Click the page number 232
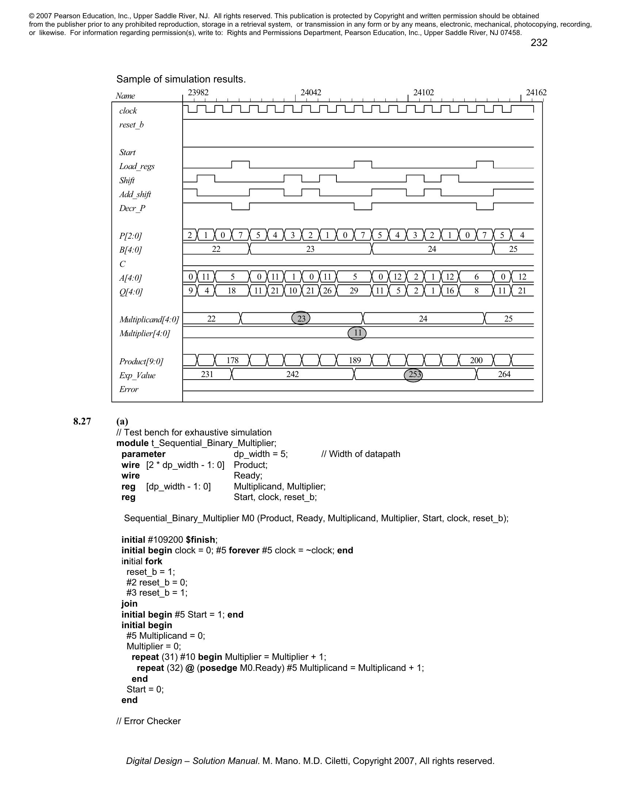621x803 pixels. tap(538, 43)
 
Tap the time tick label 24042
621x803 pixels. tap(311, 93)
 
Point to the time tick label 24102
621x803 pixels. tap(423, 93)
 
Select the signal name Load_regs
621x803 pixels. tap(137, 166)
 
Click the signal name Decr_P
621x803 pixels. tap(132, 208)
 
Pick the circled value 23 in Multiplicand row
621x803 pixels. tap(301, 318)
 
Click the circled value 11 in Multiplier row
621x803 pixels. tap(357, 333)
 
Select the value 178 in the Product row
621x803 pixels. tap(232, 360)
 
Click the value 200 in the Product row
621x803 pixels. tap(476, 360)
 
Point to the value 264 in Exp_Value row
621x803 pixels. tap(504, 374)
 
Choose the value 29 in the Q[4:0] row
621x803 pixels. tap(354, 291)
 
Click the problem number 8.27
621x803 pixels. tap(82, 421)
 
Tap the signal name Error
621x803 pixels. tap(129, 389)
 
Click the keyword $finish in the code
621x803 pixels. tap(201, 540)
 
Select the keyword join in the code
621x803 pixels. tap(130, 604)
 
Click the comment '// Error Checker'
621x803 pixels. tap(149, 721)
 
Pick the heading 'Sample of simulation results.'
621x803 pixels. tap(181, 80)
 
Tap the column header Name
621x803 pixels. tap(125, 96)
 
